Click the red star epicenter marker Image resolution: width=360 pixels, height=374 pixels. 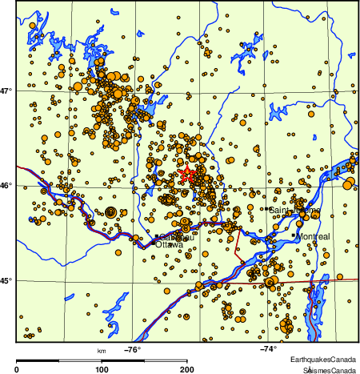click(186, 174)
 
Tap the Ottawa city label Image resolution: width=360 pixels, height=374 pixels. click(166, 245)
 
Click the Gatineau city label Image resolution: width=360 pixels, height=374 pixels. click(173, 237)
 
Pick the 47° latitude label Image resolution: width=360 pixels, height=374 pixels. click(7, 91)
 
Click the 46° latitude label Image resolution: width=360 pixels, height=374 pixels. click(7, 186)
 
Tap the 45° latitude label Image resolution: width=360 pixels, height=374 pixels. click(7, 280)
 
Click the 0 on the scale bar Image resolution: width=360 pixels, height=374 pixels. click(18, 369)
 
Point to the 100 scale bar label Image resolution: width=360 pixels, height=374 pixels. click(102, 369)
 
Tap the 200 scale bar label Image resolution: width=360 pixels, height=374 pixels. click(187, 369)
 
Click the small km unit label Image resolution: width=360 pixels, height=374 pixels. click(102, 351)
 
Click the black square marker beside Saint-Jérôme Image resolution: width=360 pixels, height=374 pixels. click(266, 209)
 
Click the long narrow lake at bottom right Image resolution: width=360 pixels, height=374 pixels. click(315, 308)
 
